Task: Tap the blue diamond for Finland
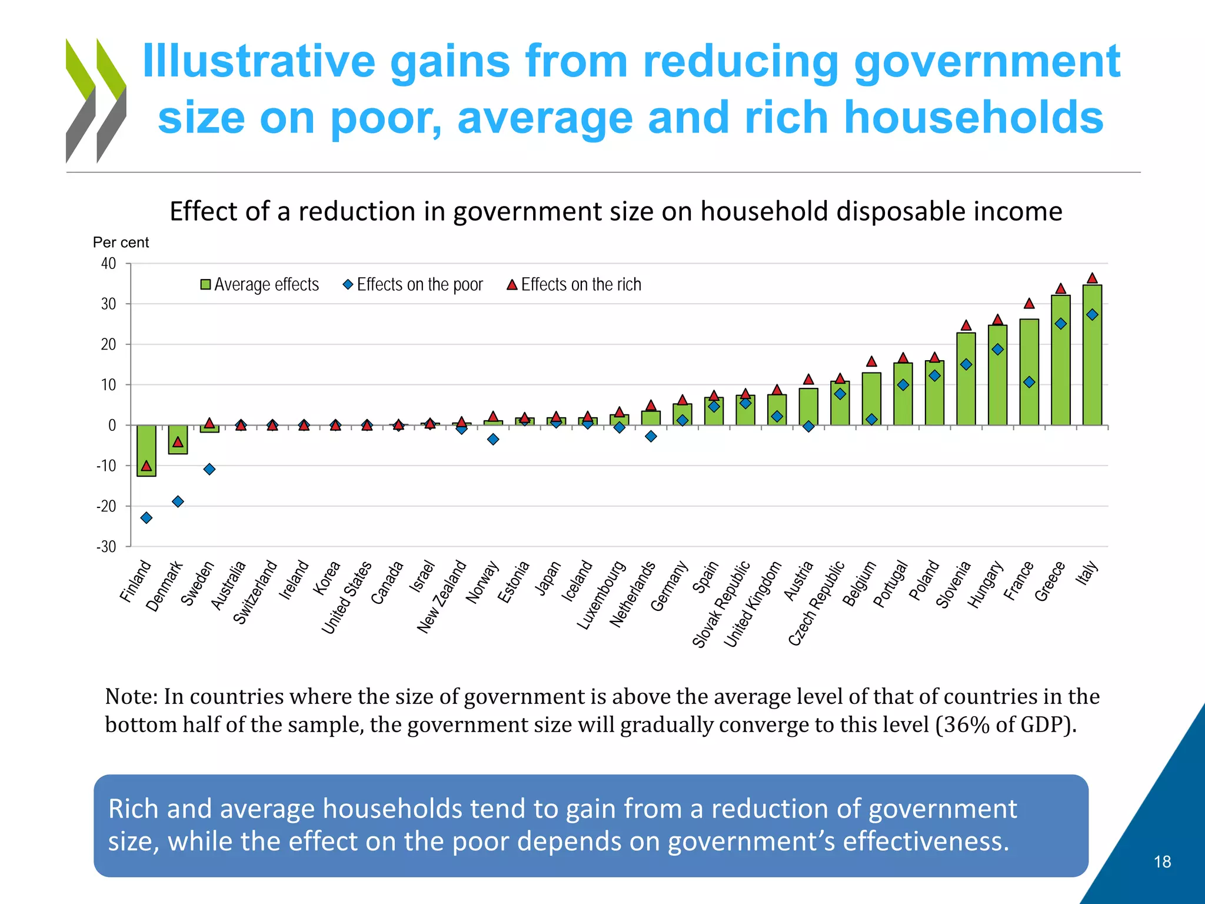click(147, 518)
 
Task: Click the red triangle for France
click(1029, 304)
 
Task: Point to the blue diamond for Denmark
click(178, 501)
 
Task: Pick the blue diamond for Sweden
click(209, 469)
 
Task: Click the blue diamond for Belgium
click(871, 420)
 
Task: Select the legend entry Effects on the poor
click(413, 285)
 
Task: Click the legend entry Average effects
click(260, 285)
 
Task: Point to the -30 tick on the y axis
click(106, 547)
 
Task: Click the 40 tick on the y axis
click(108, 263)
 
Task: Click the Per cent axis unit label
click(121, 242)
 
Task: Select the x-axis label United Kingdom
click(753, 604)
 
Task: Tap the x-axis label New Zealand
click(441, 597)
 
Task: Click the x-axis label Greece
click(1050, 581)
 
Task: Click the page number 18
click(1162, 862)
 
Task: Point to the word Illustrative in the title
click(259, 61)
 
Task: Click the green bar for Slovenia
click(966, 380)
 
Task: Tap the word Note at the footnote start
click(131, 696)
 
